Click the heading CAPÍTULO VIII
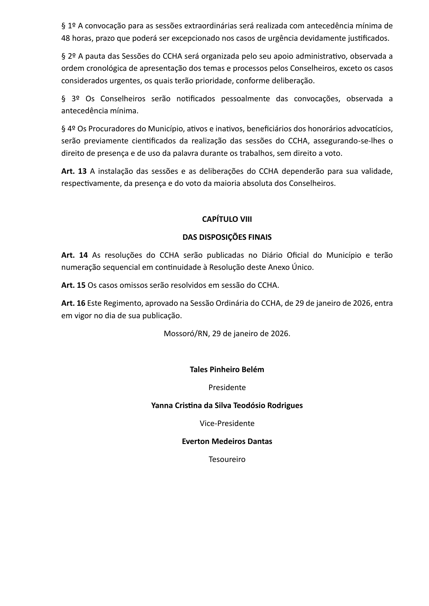click(x=227, y=219)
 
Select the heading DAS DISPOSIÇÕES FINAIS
click(x=227, y=237)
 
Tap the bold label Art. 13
click(x=74, y=171)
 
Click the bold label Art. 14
click(x=74, y=255)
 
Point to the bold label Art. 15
click(x=73, y=285)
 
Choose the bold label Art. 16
click(x=73, y=303)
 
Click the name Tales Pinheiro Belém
click(x=227, y=370)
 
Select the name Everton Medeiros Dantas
click(x=227, y=442)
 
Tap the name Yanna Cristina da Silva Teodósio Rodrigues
click(x=227, y=406)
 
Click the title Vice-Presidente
click(x=227, y=424)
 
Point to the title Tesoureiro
click(x=227, y=460)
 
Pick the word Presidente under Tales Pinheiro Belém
click(x=227, y=388)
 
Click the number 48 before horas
click(x=66, y=38)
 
